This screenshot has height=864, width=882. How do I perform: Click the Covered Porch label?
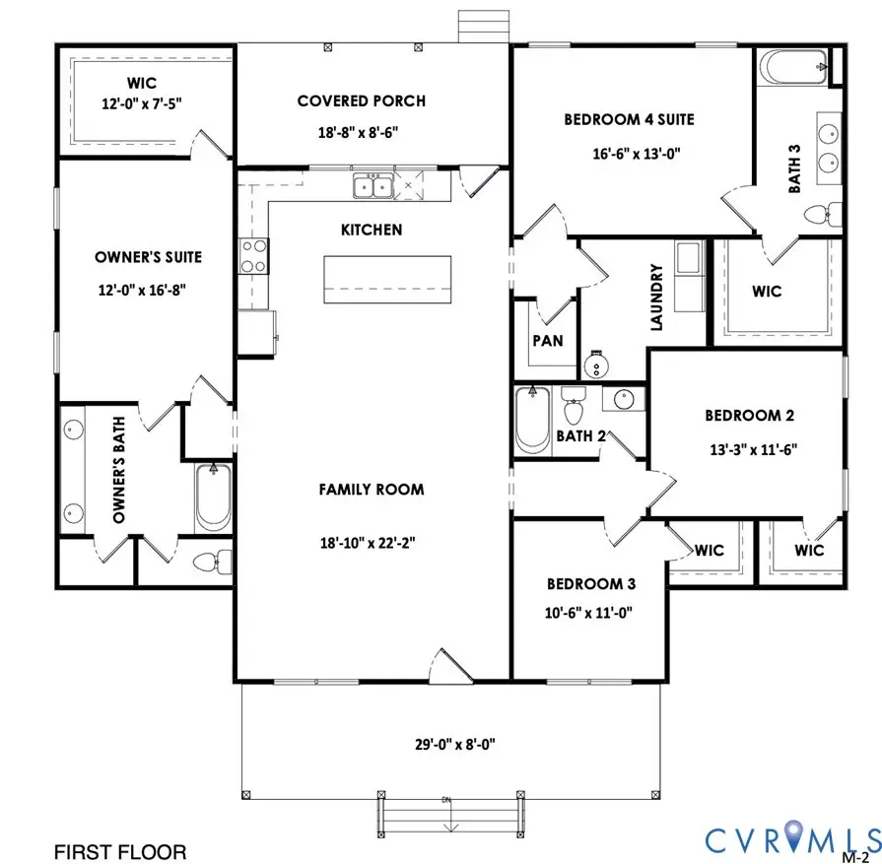[x=362, y=100]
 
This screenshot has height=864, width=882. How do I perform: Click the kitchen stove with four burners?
[x=253, y=256]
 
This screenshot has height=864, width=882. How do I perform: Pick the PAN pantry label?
[x=547, y=341]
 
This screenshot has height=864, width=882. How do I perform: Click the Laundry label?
[x=655, y=297]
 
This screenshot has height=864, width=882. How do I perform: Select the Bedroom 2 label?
[x=750, y=416]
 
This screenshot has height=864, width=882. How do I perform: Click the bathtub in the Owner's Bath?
[x=212, y=498]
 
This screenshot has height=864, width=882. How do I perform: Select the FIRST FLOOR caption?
[x=119, y=850]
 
